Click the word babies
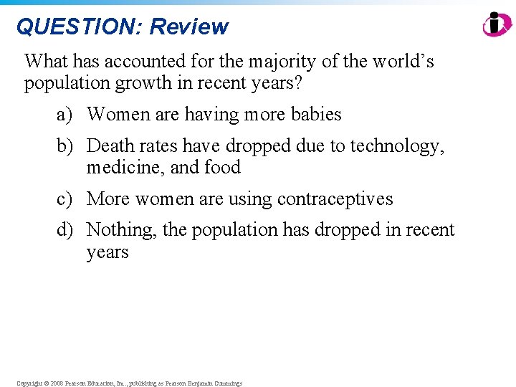click(316, 115)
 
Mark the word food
click(222, 168)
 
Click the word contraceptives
click(335, 199)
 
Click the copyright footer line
click(129, 383)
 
